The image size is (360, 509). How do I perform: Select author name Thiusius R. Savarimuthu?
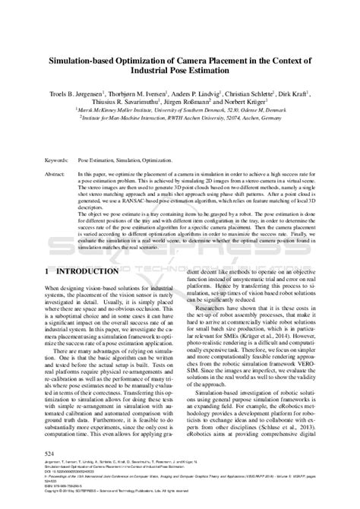130,99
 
